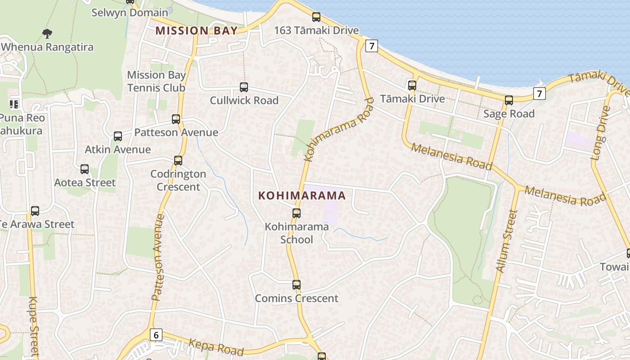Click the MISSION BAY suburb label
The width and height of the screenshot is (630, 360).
coord(196,31)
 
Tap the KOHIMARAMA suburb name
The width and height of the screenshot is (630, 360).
coord(302,195)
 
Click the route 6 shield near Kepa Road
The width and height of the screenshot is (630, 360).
coord(156,335)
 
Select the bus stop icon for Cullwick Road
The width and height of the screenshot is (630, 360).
coord(244,87)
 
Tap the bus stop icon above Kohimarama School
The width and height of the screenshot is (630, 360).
coord(296,213)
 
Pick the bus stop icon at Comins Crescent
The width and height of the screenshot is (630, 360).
coord(296,285)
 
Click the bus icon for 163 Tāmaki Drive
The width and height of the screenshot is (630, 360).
coord(316,18)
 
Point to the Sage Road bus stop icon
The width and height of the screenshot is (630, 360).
coord(509,100)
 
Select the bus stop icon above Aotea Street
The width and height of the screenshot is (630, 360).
coord(85,169)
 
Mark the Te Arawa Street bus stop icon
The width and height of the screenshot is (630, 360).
coord(35,211)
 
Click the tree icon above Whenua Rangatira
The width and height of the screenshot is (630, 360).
coord(47,33)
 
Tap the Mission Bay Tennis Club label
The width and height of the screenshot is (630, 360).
coord(156,81)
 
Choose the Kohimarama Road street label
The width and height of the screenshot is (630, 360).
coord(339,130)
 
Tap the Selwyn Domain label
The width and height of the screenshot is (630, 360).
coord(130,12)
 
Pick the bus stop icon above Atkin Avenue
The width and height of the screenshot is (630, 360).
coord(118,136)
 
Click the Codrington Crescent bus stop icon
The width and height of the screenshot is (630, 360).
coord(178,161)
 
